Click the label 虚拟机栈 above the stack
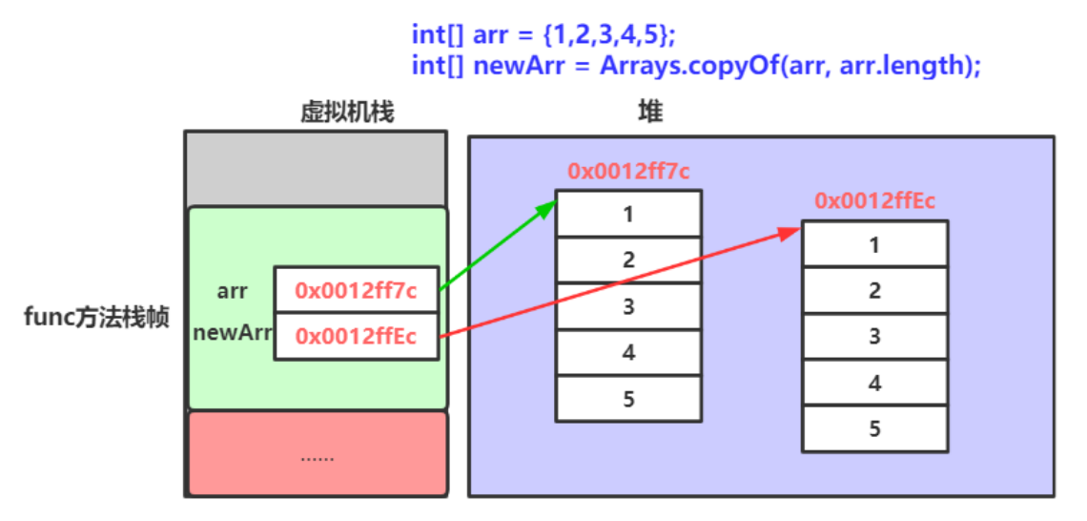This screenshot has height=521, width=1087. pos(346,113)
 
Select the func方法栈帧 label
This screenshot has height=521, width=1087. pos(96,318)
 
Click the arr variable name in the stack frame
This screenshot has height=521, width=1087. pos(232,291)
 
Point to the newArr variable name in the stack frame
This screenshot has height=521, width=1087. pos(232,335)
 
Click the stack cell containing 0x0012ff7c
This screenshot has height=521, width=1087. pos(356,290)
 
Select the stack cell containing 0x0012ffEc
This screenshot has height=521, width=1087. pos(356,336)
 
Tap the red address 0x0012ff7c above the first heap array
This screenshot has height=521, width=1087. pos(628,172)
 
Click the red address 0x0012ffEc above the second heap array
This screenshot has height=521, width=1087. pos(874,200)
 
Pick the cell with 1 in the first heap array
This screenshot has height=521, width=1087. pos(628,214)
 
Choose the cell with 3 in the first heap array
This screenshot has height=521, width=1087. pos(628,306)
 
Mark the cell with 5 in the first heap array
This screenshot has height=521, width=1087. pos(628,399)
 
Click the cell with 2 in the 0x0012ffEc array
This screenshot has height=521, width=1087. pos(874,290)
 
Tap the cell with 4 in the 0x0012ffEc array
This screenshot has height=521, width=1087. pos(874,383)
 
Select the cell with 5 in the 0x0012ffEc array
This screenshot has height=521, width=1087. pos(874,428)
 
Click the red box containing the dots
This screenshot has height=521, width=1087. pos(317,455)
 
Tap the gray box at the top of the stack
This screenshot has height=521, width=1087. pos(315,168)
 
